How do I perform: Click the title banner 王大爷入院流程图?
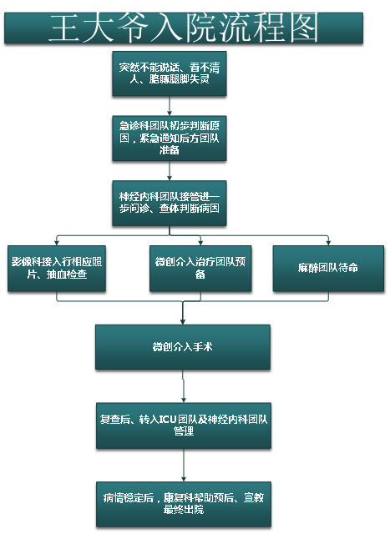coord(184,28)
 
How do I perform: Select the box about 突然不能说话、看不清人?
coord(170,73)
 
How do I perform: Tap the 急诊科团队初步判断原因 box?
coord(170,138)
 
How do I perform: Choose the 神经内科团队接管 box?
coord(170,204)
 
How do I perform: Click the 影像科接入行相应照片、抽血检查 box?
coord(57,269)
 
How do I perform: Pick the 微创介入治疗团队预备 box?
coord(200,269)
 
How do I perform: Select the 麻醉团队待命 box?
coord(328,269)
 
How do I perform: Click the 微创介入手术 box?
coord(183,347)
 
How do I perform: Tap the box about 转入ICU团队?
coord(184,426)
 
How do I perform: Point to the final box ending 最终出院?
coord(184,504)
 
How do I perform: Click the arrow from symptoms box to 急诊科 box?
coord(170,106)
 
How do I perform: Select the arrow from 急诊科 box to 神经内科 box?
coord(170,171)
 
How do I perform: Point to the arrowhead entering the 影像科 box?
coord(57,243)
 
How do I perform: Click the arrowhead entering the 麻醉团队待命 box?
coord(328,243)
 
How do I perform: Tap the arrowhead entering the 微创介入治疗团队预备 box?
coord(200,243)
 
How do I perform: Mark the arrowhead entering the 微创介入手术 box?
coord(183,322)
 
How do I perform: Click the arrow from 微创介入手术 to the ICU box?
coord(184,386)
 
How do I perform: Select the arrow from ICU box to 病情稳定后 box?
coord(184,466)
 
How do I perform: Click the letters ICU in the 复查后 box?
coord(167,420)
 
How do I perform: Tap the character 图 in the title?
coord(304,28)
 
